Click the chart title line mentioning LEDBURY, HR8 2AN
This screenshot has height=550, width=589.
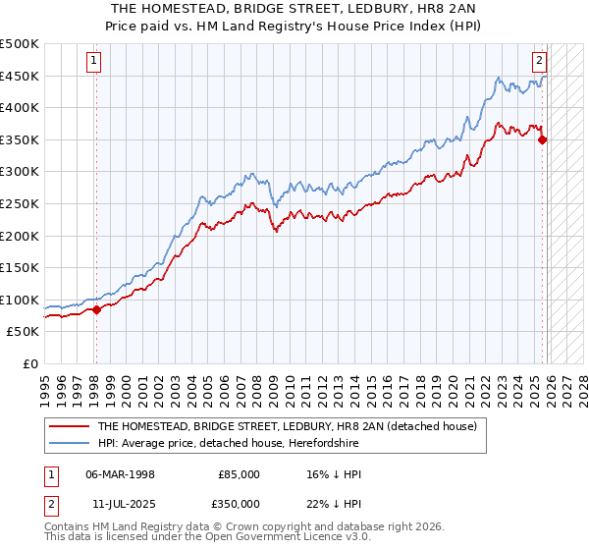pyautogui.click(x=294, y=7)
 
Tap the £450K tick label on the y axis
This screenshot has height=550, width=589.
pyautogui.click(x=20, y=76)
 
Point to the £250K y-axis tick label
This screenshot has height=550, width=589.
pyautogui.click(x=20, y=203)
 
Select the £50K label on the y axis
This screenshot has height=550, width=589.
pyautogui.click(x=24, y=332)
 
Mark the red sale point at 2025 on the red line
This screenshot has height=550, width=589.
pyautogui.click(x=543, y=139)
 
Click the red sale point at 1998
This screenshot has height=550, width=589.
pyautogui.click(x=96, y=309)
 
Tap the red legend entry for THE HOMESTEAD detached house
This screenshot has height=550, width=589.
pyautogui.click(x=286, y=426)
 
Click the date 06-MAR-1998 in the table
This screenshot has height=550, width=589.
pyautogui.click(x=121, y=474)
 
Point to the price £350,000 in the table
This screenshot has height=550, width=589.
pyautogui.click(x=239, y=503)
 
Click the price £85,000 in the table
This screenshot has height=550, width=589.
pyautogui.click(x=239, y=474)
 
